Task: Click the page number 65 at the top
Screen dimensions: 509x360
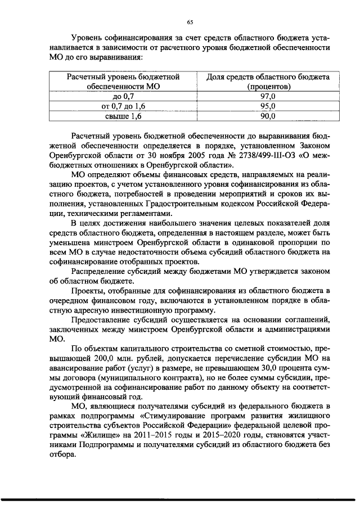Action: pos(190,22)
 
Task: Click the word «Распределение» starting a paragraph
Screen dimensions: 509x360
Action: pos(100,272)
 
